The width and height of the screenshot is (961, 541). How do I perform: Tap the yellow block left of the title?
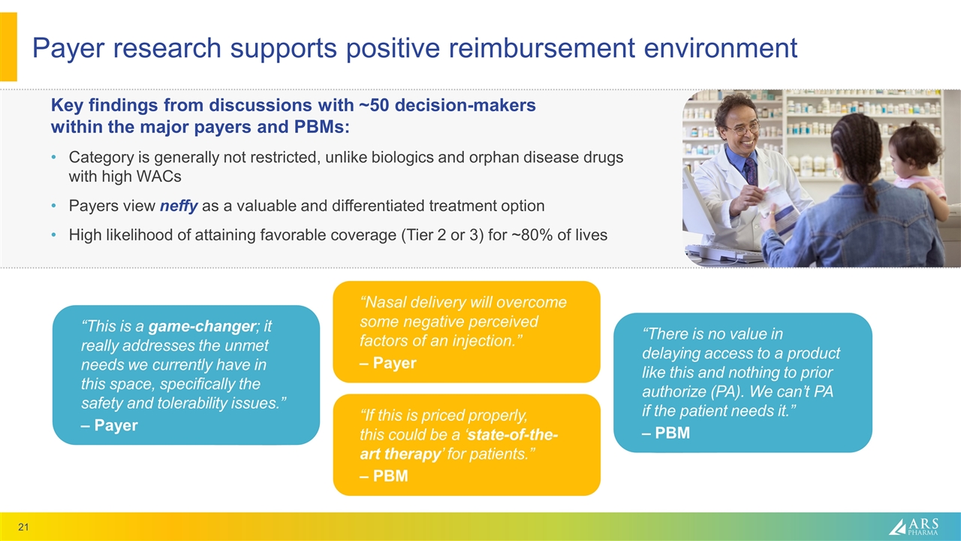(8, 47)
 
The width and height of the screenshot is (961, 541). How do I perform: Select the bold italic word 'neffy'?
(179, 206)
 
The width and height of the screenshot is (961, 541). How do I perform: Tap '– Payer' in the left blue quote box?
(109, 425)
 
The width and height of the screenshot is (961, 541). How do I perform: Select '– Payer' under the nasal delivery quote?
(387, 364)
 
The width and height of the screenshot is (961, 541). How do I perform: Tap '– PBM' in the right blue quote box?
(665, 434)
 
